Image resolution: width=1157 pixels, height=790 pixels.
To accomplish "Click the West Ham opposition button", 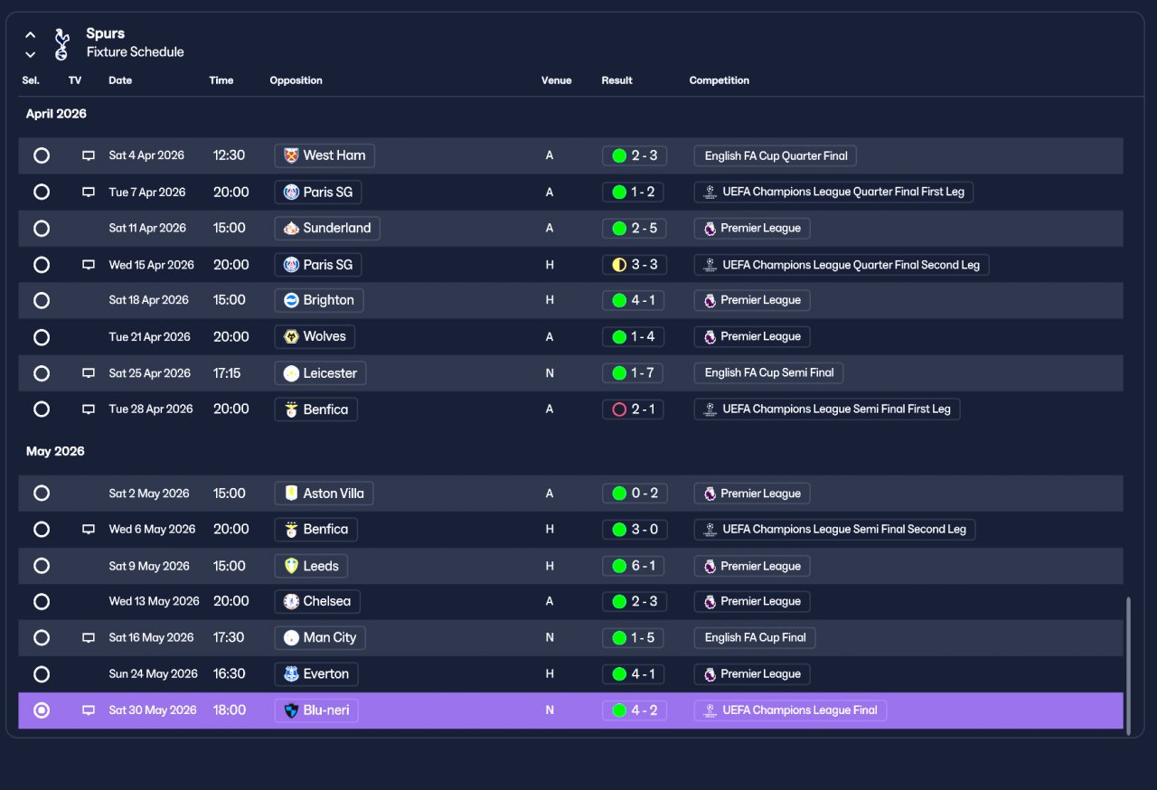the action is point(325,155).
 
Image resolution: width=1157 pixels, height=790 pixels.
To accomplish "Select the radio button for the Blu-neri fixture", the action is point(42,710).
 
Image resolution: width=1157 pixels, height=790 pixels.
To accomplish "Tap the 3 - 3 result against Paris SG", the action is point(635,264).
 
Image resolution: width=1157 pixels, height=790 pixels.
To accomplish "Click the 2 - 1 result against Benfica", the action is point(633,409).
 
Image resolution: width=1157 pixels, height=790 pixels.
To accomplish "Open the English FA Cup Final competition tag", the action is point(755,637).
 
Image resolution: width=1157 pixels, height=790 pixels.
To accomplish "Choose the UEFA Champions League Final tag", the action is point(790,710).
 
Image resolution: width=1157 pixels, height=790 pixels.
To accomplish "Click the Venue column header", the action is point(556,80).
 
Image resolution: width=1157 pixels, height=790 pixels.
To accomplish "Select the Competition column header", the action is point(719,80).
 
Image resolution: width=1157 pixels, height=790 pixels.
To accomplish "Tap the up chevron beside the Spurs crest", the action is point(31,35).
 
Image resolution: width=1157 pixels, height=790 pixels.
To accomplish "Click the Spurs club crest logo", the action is point(62,44).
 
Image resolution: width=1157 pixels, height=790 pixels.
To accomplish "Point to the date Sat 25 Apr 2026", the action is point(150,372).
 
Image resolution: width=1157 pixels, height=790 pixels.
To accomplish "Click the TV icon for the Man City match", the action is point(89,637).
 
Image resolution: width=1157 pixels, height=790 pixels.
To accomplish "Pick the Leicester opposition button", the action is point(320,372).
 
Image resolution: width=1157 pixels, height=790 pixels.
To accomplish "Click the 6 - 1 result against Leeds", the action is point(634,566).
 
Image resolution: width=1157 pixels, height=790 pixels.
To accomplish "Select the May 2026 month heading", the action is point(55,451).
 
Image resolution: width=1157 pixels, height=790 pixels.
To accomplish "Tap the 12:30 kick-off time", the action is point(230,155).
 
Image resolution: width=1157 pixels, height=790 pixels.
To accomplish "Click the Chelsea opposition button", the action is point(317,601).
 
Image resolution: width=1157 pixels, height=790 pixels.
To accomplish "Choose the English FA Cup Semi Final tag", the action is point(768,372).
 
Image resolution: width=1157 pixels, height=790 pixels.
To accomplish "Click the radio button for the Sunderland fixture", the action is point(42,228).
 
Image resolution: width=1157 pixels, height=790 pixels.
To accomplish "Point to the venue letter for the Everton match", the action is point(550,673).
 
